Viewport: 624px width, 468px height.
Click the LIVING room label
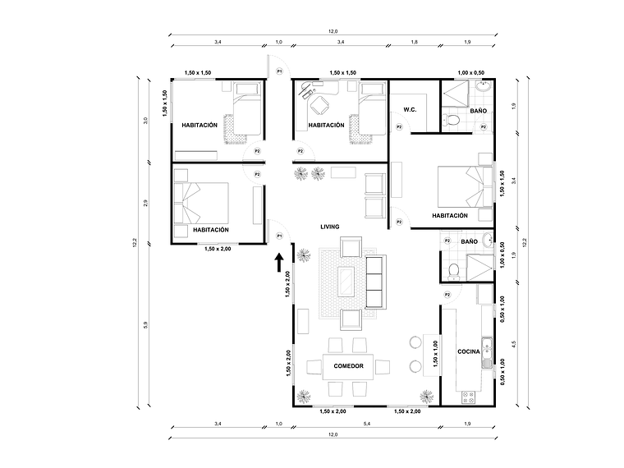329,227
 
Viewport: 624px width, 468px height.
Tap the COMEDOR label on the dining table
349,365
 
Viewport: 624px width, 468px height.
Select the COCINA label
468,351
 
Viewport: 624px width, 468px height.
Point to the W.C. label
410,110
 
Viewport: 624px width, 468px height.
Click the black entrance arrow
279,262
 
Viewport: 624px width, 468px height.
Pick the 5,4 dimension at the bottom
363,424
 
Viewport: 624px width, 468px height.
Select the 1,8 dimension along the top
414,41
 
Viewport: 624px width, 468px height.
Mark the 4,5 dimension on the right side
513,345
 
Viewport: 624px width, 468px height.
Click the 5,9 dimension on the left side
145,325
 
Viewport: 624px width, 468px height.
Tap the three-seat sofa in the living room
376,282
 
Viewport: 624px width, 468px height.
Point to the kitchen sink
487,351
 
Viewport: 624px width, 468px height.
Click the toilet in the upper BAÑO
450,122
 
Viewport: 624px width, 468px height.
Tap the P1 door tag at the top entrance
279,71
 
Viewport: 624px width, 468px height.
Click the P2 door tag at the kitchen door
447,294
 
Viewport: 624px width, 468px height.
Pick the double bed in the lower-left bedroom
201,201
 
